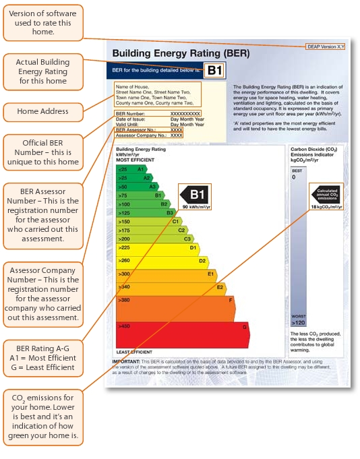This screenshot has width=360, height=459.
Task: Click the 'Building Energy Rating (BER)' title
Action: click(x=181, y=53)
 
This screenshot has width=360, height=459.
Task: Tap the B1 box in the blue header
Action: click(x=214, y=70)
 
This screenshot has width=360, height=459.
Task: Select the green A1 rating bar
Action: click(x=131, y=169)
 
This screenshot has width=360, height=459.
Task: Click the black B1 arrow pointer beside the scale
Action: click(x=195, y=195)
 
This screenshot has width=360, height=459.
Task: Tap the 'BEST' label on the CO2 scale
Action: click(x=297, y=171)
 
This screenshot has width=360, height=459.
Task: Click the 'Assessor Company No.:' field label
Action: click(x=140, y=135)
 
